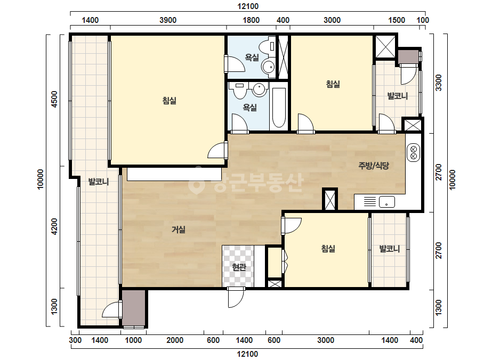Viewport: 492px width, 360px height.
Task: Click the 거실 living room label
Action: point(178,230)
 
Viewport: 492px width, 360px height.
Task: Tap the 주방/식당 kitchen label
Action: point(374,166)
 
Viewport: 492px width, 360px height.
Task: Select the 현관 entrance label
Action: point(239,267)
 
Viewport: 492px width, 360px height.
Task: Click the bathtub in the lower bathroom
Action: point(279,108)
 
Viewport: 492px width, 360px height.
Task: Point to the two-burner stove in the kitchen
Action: point(413,153)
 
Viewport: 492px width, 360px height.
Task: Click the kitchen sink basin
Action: point(386,202)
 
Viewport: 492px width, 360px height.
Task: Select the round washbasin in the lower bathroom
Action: point(260,89)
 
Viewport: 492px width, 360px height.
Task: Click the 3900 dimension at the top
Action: point(168,20)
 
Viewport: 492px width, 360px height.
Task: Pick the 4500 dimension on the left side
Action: point(54,99)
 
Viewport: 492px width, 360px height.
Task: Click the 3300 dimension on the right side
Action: point(438,83)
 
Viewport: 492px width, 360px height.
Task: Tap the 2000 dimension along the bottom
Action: point(175,340)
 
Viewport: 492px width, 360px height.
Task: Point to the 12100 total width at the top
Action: point(247,6)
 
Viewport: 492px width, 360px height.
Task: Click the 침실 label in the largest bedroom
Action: point(169,101)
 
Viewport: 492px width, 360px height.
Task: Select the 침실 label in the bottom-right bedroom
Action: point(328,249)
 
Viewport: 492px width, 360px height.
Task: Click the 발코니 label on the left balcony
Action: point(99,182)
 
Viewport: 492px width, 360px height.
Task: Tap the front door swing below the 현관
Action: point(236,297)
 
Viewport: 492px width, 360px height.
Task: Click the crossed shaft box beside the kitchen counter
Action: point(330,200)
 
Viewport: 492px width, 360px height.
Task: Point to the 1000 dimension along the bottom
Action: point(133,340)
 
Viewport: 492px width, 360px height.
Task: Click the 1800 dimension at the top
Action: point(252,20)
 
